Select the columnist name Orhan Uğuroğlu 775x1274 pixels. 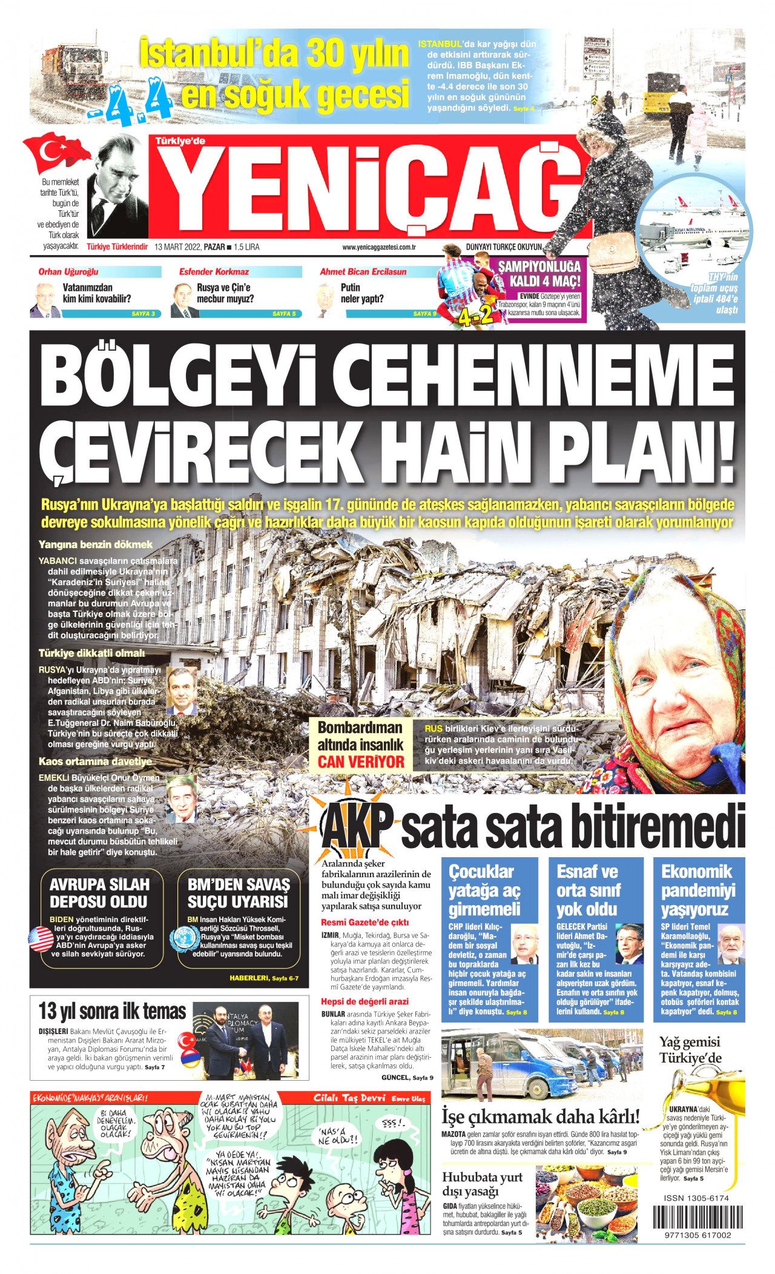(x=68, y=272)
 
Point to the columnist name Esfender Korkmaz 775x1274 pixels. (x=214, y=272)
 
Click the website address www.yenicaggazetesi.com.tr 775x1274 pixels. (x=378, y=247)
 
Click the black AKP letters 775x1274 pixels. (x=357, y=826)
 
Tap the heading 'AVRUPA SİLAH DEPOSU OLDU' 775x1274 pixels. (x=99, y=893)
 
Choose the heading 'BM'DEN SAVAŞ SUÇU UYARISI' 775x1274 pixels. (x=238, y=893)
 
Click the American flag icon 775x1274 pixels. (x=41, y=939)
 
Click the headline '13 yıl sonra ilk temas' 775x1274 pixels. (x=112, y=1011)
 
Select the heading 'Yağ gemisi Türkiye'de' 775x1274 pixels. (x=690, y=1050)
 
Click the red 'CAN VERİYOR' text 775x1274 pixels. (x=361, y=762)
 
